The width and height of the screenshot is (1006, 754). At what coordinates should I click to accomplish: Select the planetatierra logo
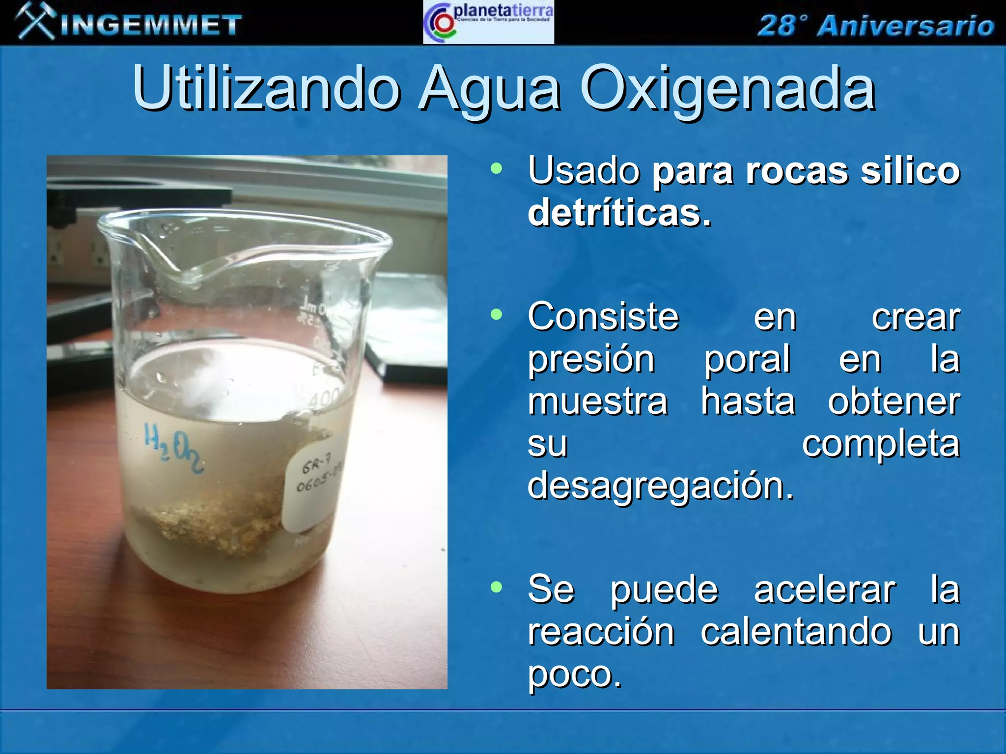pos(488,23)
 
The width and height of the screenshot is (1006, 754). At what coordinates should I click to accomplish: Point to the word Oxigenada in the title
pos(727,89)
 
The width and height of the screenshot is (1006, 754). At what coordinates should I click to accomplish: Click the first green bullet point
pos(497,169)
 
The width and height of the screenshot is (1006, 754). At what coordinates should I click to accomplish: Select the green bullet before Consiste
pos(497,314)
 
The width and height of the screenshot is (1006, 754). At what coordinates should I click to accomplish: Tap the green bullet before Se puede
pos(497,587)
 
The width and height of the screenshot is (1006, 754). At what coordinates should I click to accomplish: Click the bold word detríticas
pos(619,214)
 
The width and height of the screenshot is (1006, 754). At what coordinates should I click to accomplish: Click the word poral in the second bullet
pos(747,359)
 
